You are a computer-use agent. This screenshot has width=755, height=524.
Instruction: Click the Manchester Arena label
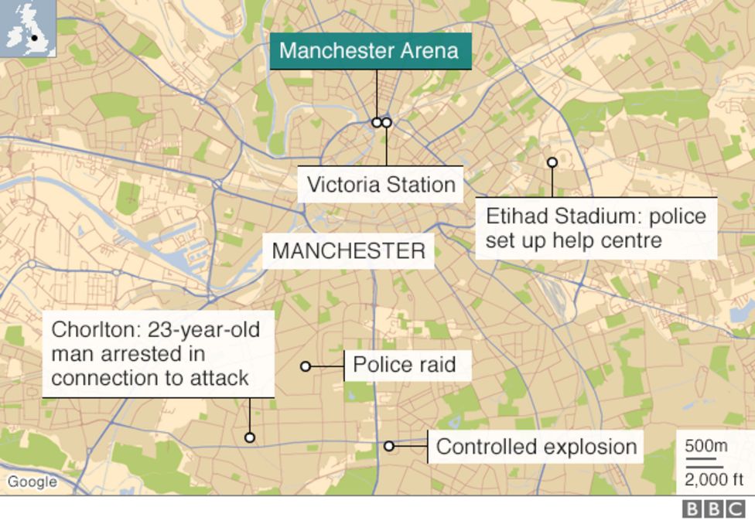(369, 52)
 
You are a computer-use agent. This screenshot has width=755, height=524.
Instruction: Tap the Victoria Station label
(381, 185)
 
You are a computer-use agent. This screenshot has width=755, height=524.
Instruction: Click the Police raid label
(404, 365)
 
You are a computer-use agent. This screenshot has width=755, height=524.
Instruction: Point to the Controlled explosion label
(536, 447)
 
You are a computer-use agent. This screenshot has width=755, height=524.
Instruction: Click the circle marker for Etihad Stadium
(552, 162)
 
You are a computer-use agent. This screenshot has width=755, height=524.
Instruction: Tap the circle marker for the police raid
(306, 366)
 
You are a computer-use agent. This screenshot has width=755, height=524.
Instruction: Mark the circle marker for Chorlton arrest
(249, 437)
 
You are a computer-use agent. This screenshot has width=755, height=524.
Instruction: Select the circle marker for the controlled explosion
(389, 446)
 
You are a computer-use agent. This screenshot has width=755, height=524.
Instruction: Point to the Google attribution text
(32, 482)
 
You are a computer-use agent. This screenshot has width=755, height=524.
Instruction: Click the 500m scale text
(706, 446)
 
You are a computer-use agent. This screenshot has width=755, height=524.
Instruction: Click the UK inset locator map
(29, 29)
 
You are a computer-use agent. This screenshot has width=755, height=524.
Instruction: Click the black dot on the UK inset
(34, 37)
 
